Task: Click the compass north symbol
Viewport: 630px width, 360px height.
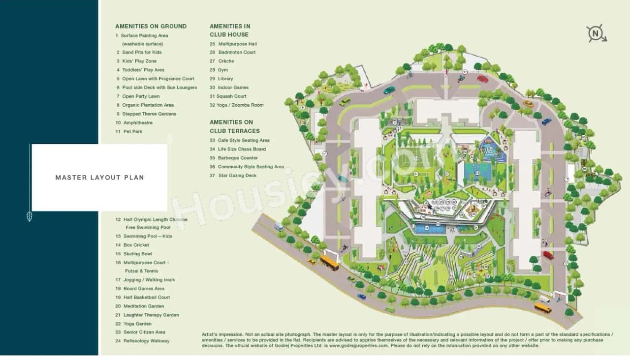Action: pos(596,33)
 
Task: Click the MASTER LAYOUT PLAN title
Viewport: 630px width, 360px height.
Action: pos(99,178)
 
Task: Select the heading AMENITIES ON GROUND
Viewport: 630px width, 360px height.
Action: pos(151,26)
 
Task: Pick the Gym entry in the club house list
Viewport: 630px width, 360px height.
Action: pos(223,70)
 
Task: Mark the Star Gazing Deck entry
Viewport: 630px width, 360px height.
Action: pos(237,175)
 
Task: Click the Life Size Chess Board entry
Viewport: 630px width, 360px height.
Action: pos(242,149)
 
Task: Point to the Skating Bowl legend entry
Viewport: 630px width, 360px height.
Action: pos(138,254)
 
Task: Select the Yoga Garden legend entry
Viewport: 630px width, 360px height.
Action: pos(137,324)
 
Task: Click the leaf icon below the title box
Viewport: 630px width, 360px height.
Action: pos(29,216)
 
